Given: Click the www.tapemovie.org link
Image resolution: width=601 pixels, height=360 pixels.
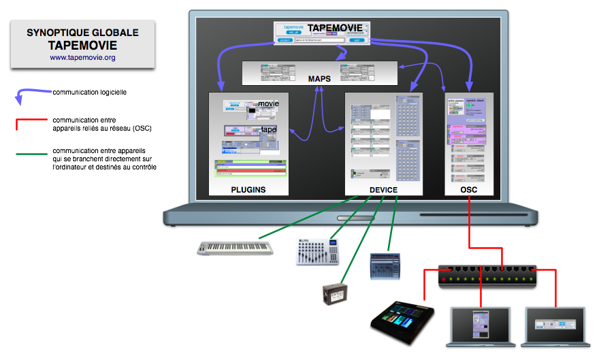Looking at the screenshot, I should tap(82, 58).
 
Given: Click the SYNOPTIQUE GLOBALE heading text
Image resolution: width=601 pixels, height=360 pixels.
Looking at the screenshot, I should tap(82, 32).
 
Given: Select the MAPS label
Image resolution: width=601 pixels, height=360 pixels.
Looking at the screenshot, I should tap(319, 79).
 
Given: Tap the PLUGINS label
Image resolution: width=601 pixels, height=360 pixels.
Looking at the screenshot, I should tap(248, 190).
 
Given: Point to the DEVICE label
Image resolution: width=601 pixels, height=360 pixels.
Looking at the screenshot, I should tap(383, 190).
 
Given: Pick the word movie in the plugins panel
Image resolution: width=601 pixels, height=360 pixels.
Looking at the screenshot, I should tap(268, 103).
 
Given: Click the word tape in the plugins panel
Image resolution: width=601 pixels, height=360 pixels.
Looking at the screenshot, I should tap(268, 129).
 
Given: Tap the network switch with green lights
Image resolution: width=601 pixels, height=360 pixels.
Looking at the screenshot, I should tap(487, 274).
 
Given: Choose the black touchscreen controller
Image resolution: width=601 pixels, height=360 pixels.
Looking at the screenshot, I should tap(402, 320).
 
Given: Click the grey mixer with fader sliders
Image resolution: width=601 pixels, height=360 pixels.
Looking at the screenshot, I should tap(317, 252).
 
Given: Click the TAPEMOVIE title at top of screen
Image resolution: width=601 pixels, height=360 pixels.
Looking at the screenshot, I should tap(335, 28).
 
